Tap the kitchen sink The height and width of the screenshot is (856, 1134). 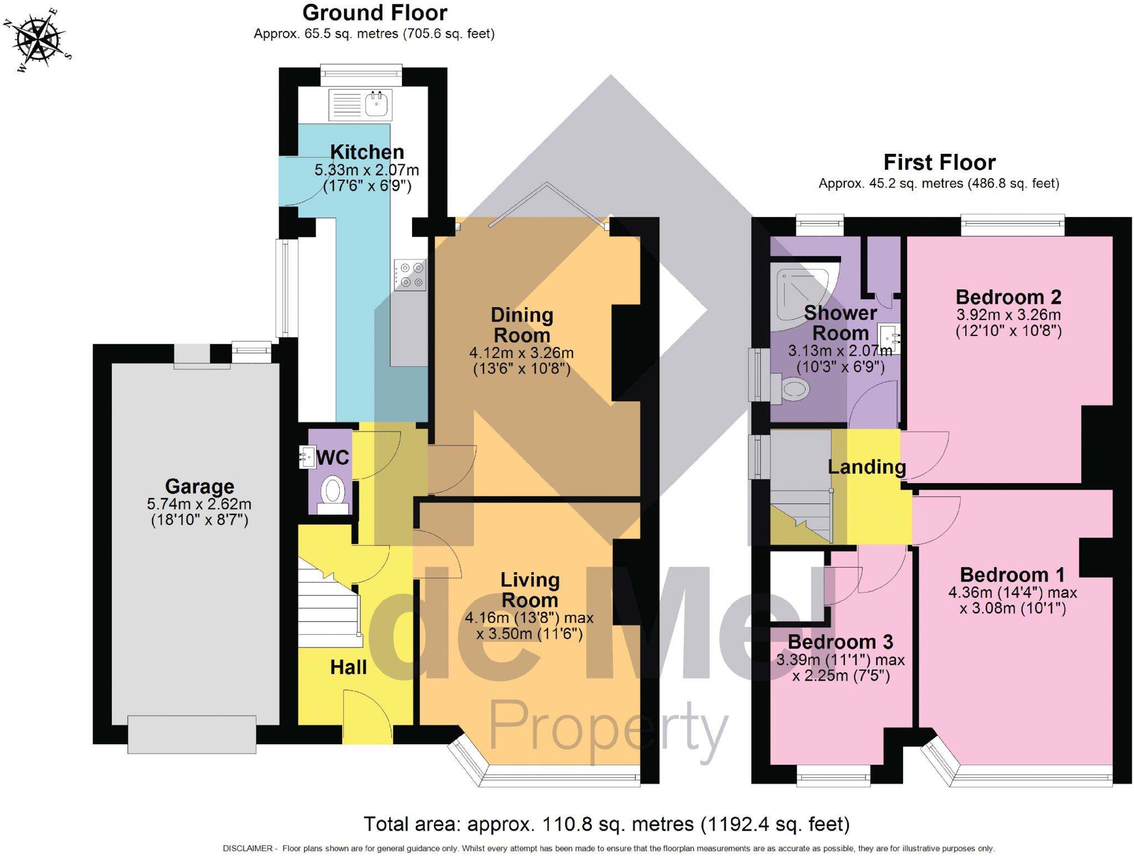[377, 104]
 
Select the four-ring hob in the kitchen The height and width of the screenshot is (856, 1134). [410, 275]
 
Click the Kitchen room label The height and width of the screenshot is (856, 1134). [367, 152]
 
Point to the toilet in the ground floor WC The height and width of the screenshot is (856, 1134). [333, 492]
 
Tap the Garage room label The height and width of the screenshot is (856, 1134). [199, 486]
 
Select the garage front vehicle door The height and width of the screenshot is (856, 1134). [192, 734]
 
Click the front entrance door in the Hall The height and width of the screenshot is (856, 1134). [367, 717]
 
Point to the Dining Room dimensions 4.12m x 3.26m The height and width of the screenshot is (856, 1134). [521, 352]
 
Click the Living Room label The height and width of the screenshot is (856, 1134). [529, 590]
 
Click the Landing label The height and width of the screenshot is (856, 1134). [867, 466]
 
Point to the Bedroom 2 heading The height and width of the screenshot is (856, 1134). [1008, 297]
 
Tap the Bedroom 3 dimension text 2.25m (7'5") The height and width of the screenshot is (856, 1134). [841, 676]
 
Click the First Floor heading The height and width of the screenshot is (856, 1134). [939, 162]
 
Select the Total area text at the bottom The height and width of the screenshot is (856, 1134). [606, 824]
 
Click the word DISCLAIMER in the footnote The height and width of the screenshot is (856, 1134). [248, 848]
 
